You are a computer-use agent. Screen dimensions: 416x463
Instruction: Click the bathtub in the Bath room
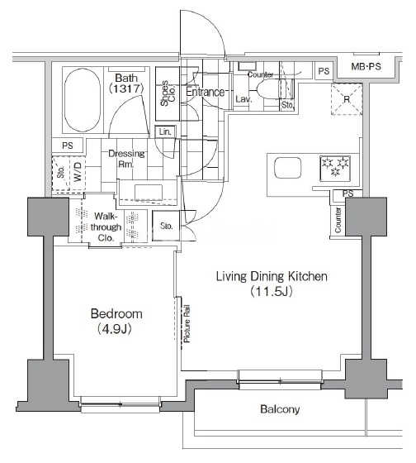click(x=83, y=100)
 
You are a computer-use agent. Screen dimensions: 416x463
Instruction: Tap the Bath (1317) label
click(x=126, y=84)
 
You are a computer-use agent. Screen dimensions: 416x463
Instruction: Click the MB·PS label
click(x=366, y=66)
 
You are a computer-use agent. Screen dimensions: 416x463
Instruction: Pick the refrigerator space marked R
click(x=347, y=99)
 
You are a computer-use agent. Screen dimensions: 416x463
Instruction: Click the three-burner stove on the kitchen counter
click(x=335, y=168)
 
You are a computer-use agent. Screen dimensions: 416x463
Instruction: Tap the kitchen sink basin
click(x=287, y=168)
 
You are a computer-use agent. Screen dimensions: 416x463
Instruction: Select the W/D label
click(x=78, y=173)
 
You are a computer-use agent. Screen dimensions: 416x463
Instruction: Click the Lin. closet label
click(x=165, y=131)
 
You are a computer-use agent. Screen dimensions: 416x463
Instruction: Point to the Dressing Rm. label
click(x=126, y=159)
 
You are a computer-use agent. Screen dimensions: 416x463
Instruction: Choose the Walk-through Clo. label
click(x=106, y=227)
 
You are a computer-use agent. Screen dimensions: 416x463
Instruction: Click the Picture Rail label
click(x=187, y=323)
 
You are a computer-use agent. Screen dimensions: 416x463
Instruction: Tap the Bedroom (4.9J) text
click(x=116, y=321)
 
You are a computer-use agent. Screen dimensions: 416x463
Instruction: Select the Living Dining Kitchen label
click(x=272, y=276)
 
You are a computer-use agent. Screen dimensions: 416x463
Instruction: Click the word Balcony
click(x=280, y=409)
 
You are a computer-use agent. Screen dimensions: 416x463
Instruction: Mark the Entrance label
click(x=206, y=92)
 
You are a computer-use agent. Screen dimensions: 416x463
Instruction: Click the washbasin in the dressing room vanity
click(x=149, y=193)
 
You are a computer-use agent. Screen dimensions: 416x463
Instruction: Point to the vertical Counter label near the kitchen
click(x=338, y=220)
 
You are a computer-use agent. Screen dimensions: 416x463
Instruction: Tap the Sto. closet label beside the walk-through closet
click(x=166, y=226)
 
